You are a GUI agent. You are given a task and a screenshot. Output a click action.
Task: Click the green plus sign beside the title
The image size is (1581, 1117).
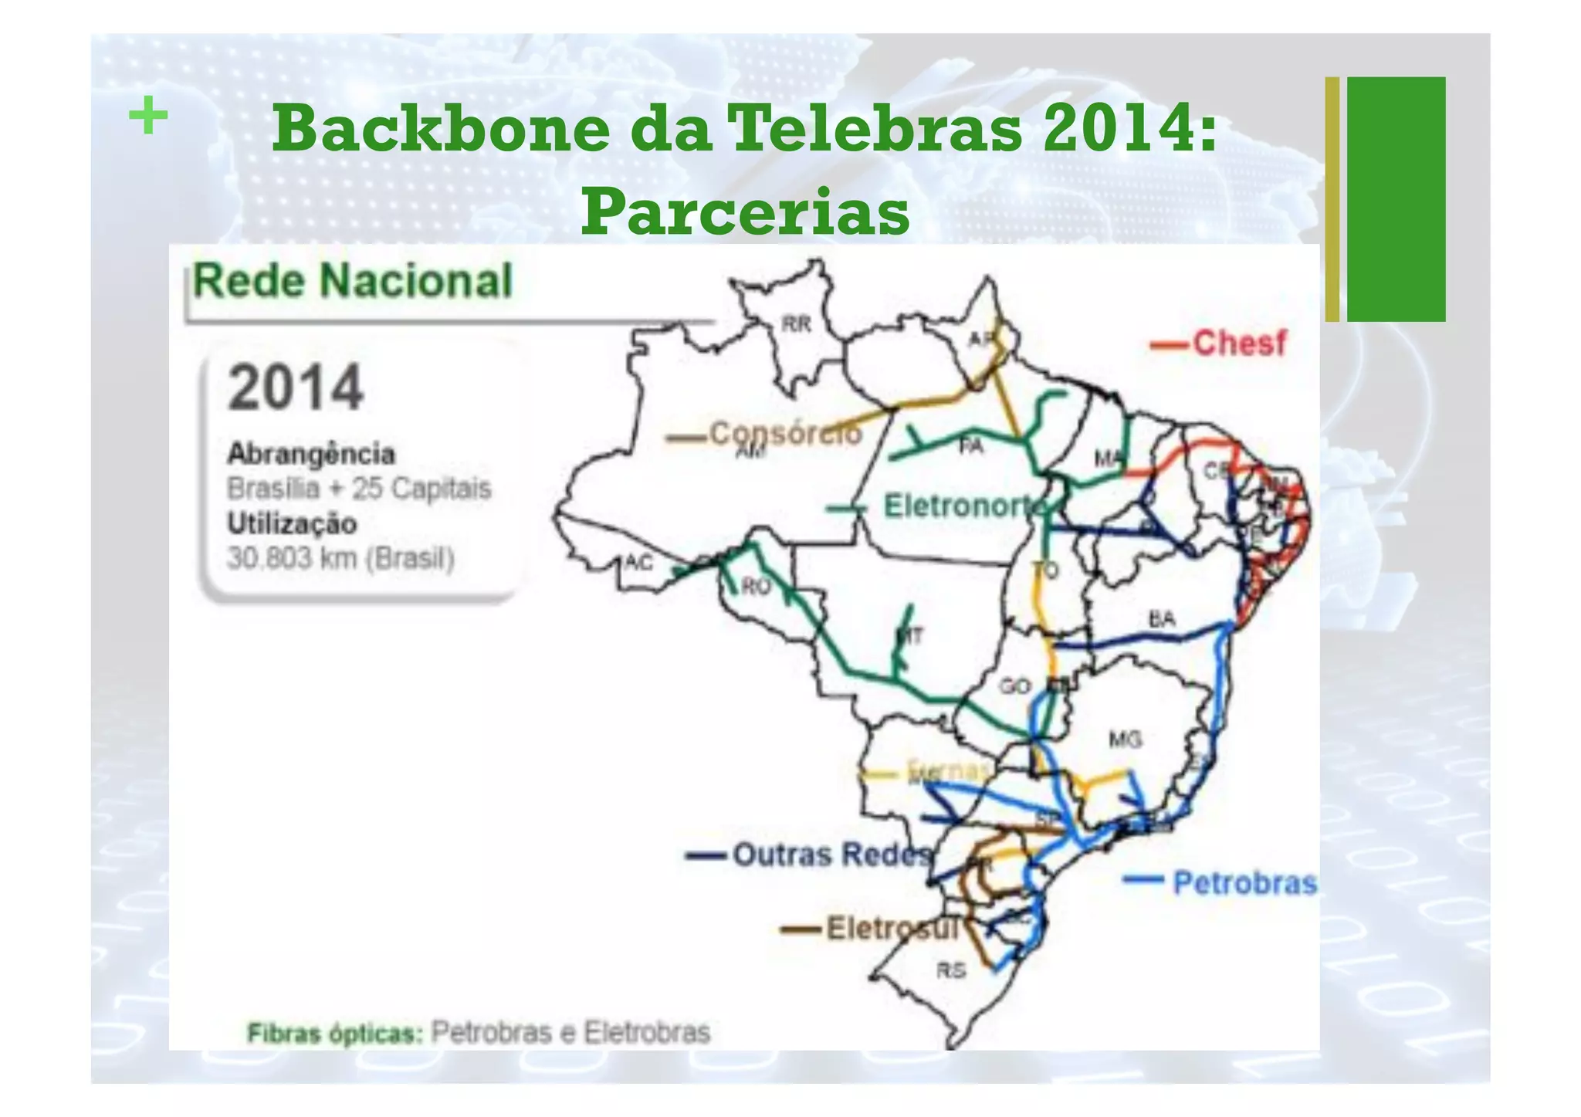coord(147,117)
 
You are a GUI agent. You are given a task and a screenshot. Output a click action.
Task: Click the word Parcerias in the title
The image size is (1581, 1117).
coord(745,212)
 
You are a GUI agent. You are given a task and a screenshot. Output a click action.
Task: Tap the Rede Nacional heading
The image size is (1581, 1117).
coord(353,280)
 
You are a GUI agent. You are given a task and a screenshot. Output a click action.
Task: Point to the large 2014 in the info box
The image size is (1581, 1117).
coord(296,388)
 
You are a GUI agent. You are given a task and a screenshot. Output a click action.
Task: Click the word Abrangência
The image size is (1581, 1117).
coord(311,454)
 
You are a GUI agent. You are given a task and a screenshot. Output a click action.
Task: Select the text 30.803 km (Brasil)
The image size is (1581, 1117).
coord(340,558)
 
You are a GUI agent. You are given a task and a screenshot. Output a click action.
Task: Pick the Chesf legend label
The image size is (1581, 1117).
coord(1239,344)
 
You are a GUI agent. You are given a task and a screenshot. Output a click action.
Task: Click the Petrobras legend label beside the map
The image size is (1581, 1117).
coord(1244,882)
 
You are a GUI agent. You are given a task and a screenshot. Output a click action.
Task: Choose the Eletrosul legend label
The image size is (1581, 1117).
coord(892,928)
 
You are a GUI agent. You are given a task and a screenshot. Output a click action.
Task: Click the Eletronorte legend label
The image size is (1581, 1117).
coord(965,506)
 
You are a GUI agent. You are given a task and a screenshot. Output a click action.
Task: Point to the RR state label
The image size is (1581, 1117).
coord(797,324)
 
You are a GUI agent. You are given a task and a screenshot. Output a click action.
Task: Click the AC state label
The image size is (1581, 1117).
coord(638,563)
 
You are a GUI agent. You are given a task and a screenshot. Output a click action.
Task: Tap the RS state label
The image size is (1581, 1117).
coord(951,970)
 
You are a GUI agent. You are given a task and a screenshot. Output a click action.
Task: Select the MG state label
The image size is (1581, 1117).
coord(1125,740)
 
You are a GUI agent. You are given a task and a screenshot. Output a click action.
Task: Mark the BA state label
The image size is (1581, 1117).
coord(1162,618)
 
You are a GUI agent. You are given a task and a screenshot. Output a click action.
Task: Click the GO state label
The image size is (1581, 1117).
coord(1014,686)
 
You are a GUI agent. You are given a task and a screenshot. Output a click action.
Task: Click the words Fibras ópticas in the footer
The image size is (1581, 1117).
coord(335,1033)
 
